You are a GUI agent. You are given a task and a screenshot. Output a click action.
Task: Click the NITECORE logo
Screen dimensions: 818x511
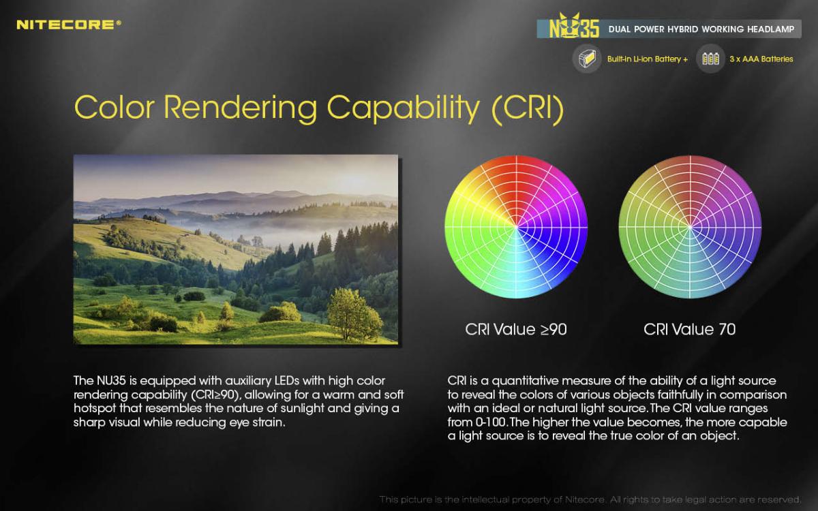(69, 25)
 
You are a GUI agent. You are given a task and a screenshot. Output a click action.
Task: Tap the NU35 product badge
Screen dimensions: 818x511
(575, 27)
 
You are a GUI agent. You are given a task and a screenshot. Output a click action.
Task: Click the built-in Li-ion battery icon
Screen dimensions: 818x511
(587, 59)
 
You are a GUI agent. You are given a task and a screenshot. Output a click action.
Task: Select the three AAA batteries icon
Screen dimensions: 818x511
(710, 59)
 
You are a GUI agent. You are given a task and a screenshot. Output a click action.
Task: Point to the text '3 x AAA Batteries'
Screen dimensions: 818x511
(761, 59)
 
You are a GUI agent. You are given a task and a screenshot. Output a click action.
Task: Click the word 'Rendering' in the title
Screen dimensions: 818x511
(240, 108)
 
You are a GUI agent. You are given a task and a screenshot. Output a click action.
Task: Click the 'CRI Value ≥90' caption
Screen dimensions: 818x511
(516, 329)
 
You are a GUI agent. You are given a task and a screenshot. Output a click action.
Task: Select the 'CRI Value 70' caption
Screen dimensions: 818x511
(689, 329)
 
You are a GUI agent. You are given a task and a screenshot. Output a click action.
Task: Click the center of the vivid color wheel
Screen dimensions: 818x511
(517, 227)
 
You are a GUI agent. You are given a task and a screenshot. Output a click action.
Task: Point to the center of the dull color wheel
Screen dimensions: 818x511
(690, 227)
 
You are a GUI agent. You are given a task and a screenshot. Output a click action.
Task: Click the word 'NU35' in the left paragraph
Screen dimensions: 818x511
(111, 381)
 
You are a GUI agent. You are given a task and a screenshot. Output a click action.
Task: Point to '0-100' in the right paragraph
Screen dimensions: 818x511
(490, 422)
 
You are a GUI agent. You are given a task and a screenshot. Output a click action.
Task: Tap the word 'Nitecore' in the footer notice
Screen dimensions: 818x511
(584, 499)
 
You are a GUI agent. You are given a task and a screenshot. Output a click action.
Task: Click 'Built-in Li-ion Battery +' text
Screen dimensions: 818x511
(648, 59)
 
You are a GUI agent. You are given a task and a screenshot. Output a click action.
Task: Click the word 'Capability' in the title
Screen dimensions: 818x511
(403, 109)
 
